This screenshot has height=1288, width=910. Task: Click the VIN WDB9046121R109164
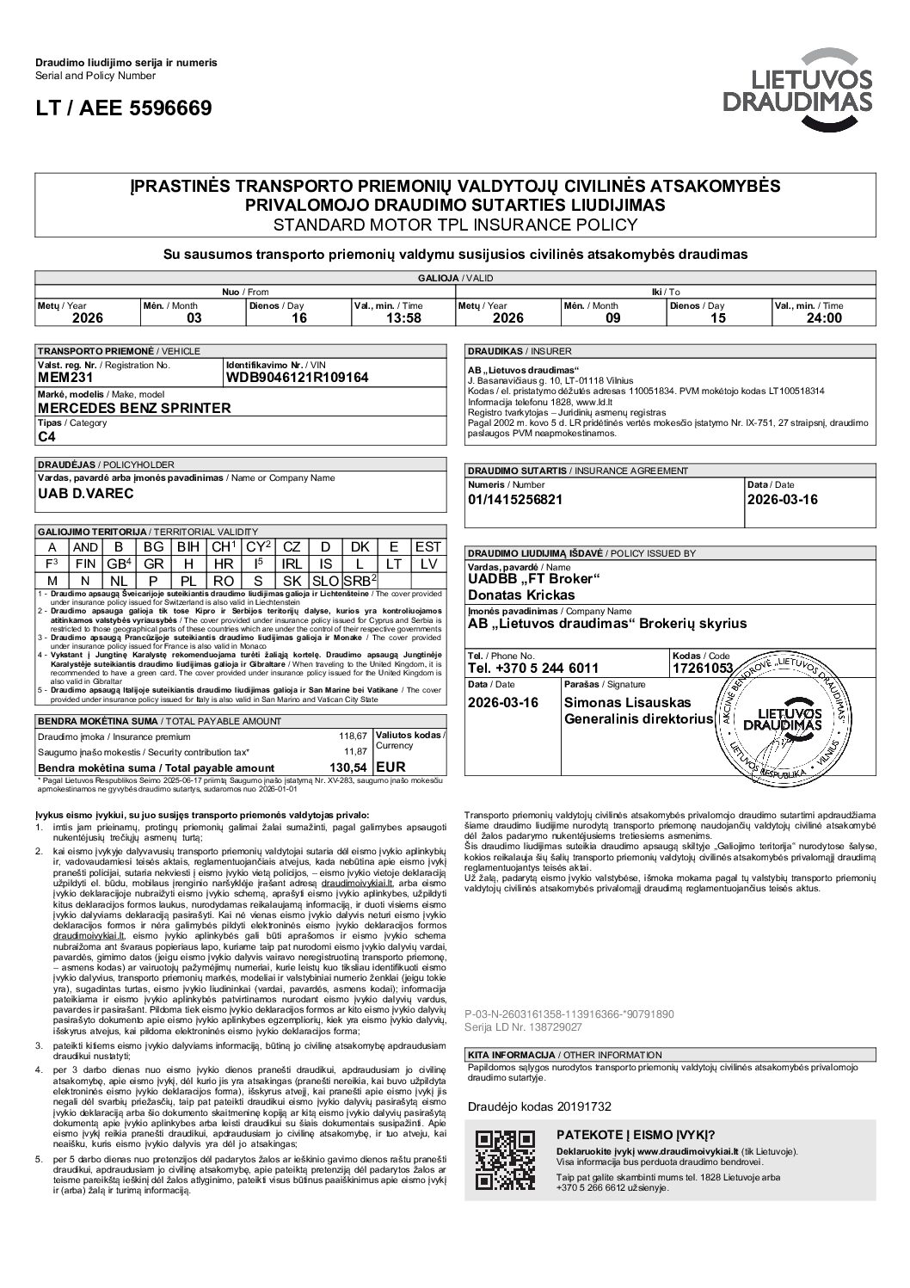pyautogui.click(x=297, y=378)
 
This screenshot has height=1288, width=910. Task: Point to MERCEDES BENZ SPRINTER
pyautogui.click(x=134, y=408)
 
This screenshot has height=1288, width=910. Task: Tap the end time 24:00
pyautogui.click(x=823, y=317)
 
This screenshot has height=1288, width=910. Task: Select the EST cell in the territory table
pyautogui.click(x=427, y=547)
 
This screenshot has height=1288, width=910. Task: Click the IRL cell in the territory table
pyautogui.click(x=292, y=564)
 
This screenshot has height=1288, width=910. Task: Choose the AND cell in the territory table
pyautogui.click(x=85, y=547)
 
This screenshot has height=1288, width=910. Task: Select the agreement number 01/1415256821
pyautogui.click(x=514, y=500)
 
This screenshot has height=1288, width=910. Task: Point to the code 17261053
pyautogui.click(x=703, y=668)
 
